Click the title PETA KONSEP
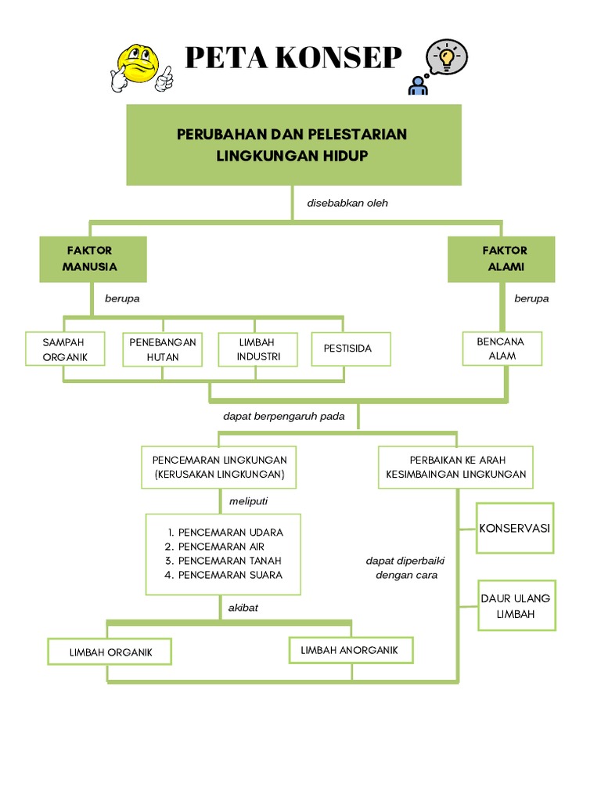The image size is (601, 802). [293, 59]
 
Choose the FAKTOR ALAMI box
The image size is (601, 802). [502, 258]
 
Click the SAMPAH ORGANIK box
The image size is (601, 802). [64, 349]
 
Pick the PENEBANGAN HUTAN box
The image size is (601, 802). [162, 349]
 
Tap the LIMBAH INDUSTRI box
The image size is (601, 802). [257, 349]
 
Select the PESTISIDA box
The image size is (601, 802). [350, 349]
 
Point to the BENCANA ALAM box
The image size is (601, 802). [502, 349]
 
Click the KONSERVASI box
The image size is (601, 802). [514, 529]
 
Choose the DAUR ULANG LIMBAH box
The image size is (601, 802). [516, 606]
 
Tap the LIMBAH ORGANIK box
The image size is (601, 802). [110, 652]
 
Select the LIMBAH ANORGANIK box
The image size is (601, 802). [349, 650]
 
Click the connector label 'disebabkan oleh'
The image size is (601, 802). [347, 203]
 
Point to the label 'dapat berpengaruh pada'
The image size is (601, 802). [283, 416]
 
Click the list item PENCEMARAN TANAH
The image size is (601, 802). [229, 561]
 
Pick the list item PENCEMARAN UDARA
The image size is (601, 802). [230, 533]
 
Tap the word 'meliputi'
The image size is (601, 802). [242, 500]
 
